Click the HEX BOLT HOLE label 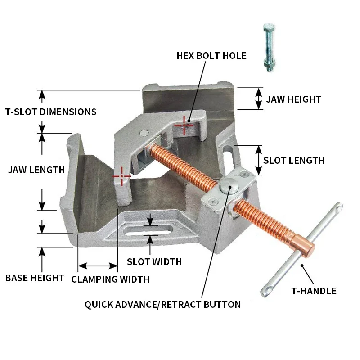coord(211,56)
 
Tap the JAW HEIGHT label coord(293,99)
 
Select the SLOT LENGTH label coord(293,160)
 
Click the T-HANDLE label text coord(314,291)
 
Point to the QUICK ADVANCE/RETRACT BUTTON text coord(162,305)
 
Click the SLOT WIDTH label coord(154,261)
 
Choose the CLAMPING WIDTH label coord(110,279)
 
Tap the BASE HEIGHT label coord(35,278)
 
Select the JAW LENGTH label coord(36,170)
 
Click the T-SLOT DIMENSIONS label coord(51,112)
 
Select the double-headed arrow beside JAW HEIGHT coord(259,99)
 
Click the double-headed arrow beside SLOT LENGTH coord(258,160)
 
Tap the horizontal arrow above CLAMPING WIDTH coord(97,266)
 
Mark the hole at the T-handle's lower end coord(269,288)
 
